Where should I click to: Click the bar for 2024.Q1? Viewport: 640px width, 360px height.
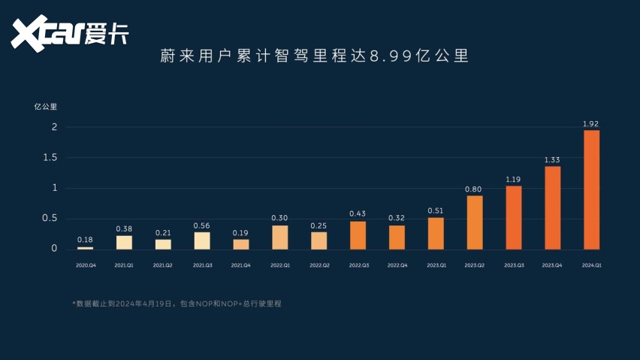(591, 189)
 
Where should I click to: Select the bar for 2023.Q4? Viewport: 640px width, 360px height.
(552, 207)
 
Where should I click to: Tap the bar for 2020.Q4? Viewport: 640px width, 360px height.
(85, 247)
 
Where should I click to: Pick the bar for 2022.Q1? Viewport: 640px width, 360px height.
(279, 237)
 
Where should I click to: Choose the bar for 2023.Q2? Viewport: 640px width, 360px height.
(474, 222)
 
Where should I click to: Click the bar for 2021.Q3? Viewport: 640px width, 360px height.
(202, 241)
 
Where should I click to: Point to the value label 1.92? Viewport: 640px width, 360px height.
(591, 123)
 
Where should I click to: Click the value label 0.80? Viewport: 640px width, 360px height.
(474, 189)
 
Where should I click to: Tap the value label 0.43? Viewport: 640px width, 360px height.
(358, 214)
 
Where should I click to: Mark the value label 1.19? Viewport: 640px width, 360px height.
(513, 180)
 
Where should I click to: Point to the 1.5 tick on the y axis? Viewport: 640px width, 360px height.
(50, 157)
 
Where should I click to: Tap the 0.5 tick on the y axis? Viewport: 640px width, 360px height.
(50, 218)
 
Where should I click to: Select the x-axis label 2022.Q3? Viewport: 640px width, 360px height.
(358, 265)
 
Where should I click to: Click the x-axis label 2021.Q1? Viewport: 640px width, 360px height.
(124, 265)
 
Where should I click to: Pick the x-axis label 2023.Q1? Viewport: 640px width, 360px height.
(436, 265)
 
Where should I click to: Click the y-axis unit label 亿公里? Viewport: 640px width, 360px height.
(46, 106)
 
